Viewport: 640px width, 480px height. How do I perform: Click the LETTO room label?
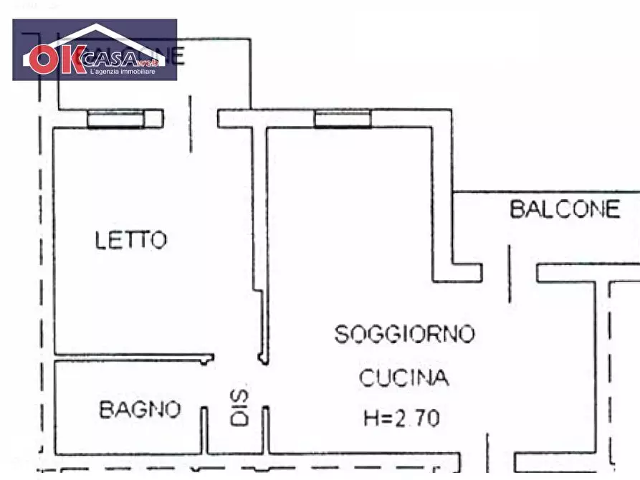(131, 239)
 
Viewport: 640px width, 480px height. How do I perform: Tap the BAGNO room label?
(140, 410)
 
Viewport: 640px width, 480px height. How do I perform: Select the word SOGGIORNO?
(404, 334)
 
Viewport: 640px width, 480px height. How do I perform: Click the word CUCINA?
(404, 378)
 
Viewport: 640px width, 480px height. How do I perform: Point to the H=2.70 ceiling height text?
(401, 418)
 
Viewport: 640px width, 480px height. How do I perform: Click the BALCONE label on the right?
(565, 209)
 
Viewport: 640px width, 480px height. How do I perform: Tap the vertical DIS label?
(239, 409)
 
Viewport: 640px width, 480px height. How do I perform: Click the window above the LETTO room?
(115, 120)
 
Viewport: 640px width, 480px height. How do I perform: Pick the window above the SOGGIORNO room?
(343, 119)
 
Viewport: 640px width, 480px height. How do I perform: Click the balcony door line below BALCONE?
(510, 272)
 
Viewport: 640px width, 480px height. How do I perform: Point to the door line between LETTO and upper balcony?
(191, 122)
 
